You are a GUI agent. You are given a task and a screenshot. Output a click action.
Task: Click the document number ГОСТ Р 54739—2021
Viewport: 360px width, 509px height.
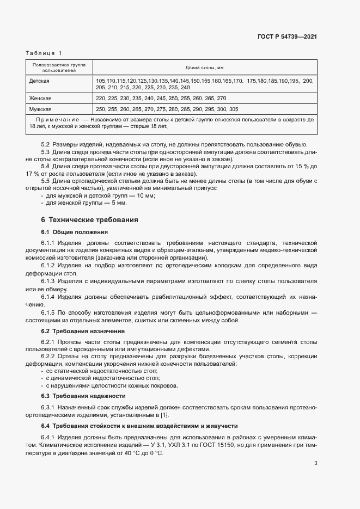pos(287,37)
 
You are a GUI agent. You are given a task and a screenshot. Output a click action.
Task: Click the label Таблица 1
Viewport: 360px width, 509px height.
pos(44,53)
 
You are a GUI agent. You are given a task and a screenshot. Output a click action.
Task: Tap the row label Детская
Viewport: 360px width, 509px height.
pos(39,81)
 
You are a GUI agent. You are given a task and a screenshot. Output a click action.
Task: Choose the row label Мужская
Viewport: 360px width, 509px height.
pos(40,109)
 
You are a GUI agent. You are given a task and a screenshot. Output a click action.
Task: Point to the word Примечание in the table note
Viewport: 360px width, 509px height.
pos(54,119)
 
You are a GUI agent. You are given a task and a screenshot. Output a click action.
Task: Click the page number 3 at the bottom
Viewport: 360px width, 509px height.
pos(315,463)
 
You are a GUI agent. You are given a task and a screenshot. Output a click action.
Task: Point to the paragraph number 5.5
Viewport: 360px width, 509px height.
pos(45,180)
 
